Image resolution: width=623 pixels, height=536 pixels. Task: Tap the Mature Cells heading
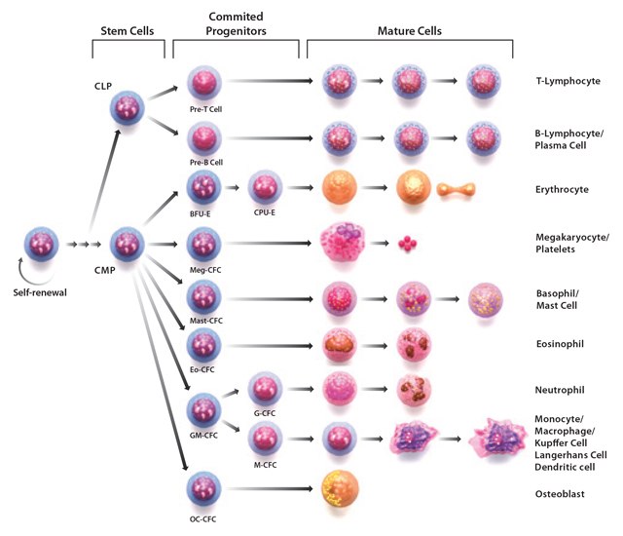pos(410,31)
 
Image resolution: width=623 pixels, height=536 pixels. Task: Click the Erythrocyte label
pos(564,189)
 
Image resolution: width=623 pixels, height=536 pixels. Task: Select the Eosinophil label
pos(561,344)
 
